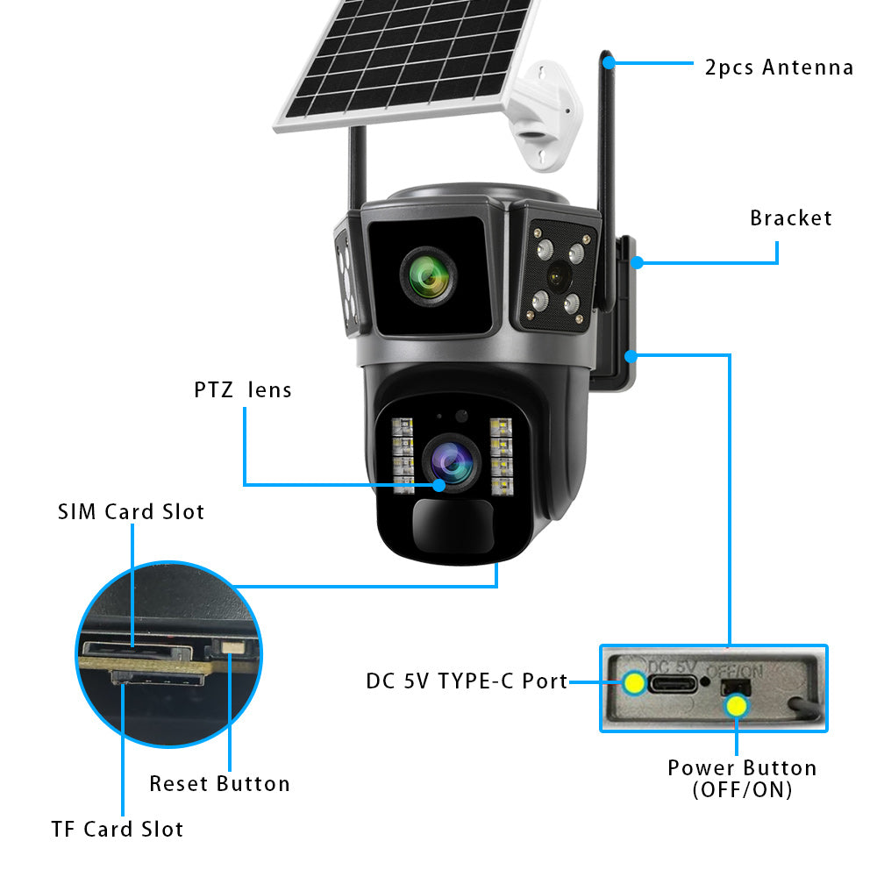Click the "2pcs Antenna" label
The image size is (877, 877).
pyautogui.click(x=779, y=67)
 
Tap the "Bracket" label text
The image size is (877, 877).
pyautogui.click(x=790, y=217)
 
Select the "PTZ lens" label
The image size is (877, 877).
pyautogui.click(x=243, y=389)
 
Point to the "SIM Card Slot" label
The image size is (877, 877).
pyautogui.click(x=132, y=511)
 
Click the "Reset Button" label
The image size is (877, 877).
pyautogui.click(x=219, y=783)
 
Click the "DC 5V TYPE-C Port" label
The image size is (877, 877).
pyautogui.click(x=467, y=681)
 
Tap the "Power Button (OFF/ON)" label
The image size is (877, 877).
pyautogui.click(x=742, y=778)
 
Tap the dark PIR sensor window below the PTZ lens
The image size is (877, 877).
pyautogui.click(x=453, y=526)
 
